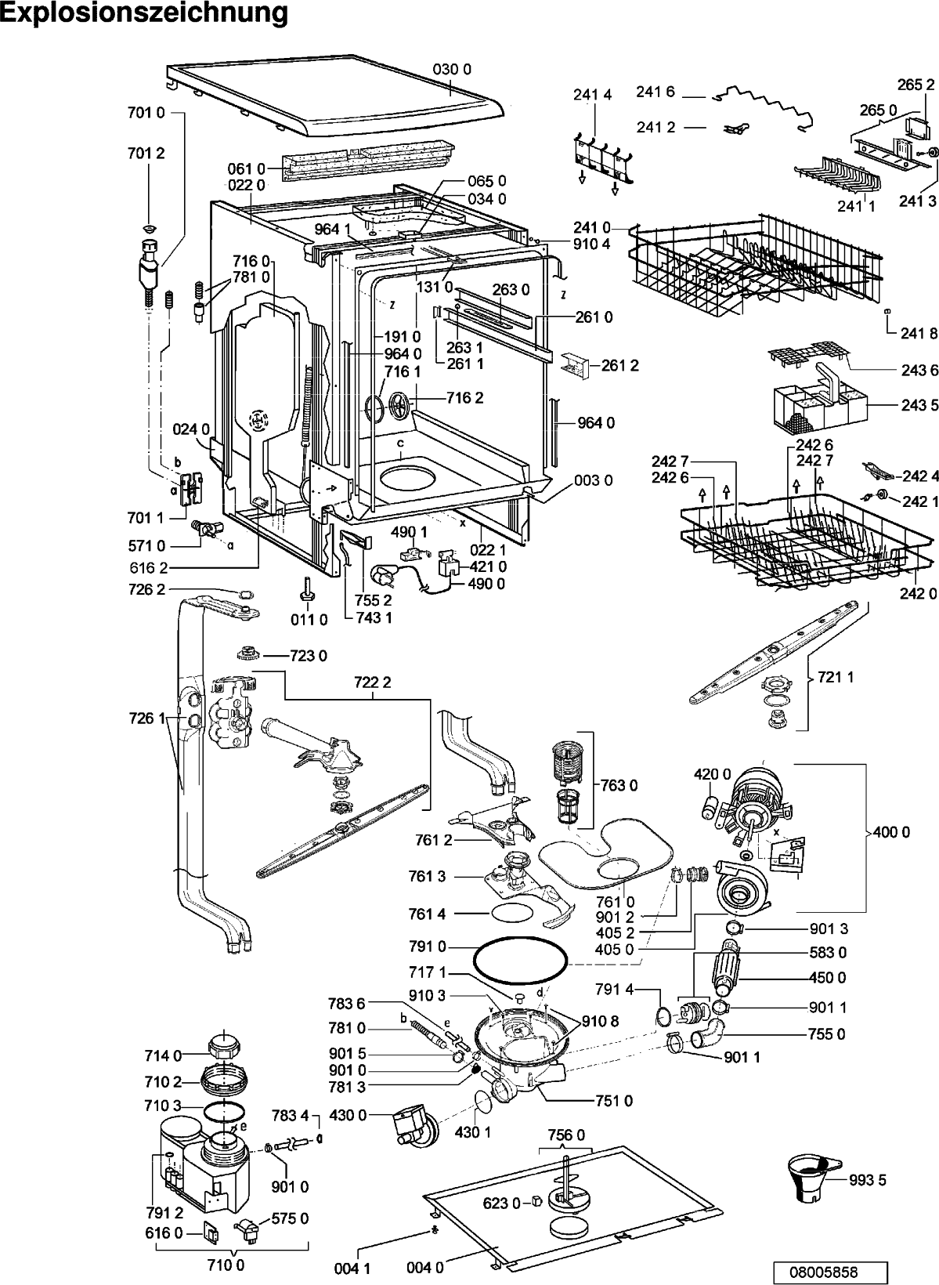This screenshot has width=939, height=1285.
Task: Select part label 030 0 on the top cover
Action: [x=452, y=70]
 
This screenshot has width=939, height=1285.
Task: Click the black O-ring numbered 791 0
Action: [x=521, y=959]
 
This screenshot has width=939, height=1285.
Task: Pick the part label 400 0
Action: [x=891, y=832]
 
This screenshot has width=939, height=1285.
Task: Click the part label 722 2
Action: [x=373, y=682]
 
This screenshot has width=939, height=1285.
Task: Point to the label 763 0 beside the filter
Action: [x=619, y=785]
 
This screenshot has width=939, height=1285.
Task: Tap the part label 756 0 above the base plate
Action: [x=566, y=1135]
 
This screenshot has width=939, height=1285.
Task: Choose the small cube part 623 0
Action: [x=537, y=1200]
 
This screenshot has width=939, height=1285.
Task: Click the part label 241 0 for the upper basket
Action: [x=592, y=228]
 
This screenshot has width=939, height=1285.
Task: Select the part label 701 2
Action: [x=146, y=153]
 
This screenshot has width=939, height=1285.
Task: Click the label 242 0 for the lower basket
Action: [x=919, y=594]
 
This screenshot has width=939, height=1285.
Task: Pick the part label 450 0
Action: [x=827, y=978]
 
